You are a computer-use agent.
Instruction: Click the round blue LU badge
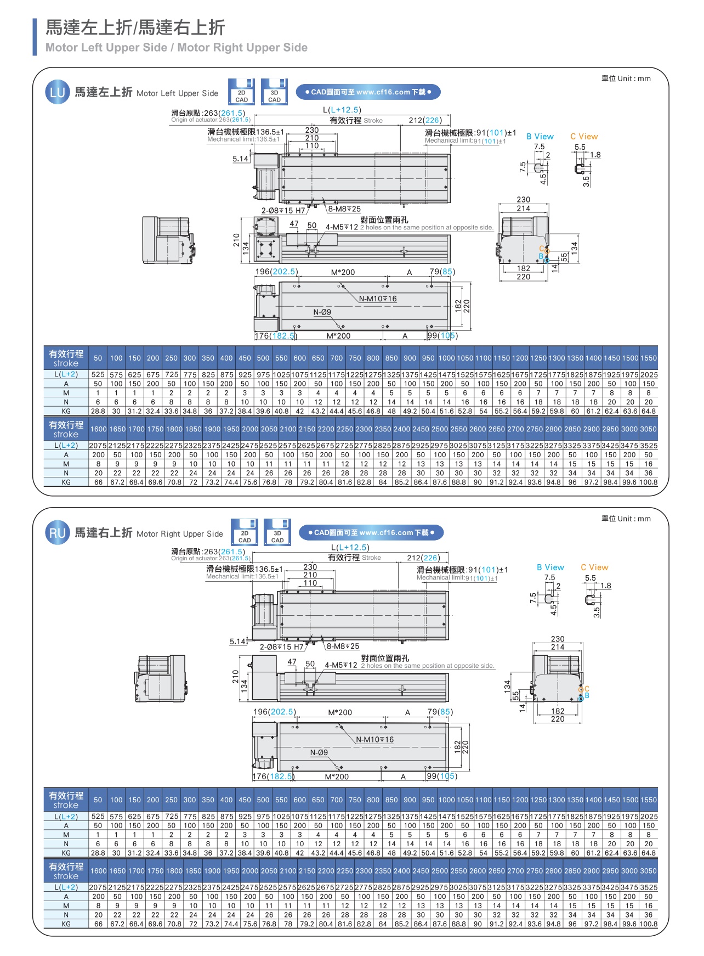point(58,92)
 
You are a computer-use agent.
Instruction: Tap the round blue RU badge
point(58,533)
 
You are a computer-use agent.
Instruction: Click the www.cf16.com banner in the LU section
point(368,92)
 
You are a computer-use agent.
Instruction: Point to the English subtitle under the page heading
point(176,48)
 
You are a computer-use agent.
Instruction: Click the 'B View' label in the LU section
point(540,137)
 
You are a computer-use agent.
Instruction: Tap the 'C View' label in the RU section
point(594,567)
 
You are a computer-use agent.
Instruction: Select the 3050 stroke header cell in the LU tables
point(648,429)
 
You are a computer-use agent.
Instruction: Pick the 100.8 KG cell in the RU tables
point(648,924)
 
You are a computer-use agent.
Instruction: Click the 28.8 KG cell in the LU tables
point(98,411)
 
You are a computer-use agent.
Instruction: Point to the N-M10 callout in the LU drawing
point(378,299)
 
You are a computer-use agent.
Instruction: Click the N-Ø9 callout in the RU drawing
point(319,753)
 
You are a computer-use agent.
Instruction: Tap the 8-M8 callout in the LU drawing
point(344,209)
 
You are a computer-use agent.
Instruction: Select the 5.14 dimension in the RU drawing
point(238,642)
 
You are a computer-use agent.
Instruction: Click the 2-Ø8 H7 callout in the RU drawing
point(281,647)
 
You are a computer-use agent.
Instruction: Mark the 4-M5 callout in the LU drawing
point(342,227)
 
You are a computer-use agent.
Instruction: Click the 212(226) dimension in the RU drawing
point(423,558)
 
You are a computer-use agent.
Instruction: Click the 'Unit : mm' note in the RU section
point(626,519)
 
